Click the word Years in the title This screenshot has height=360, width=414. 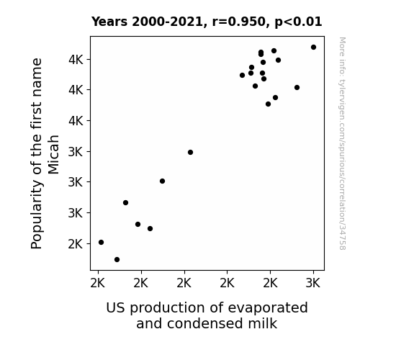coord(109,22)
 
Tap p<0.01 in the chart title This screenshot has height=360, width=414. coord(298,22)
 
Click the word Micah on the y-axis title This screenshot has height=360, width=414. coord(53,155)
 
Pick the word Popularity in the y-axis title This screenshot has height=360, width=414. coord(37,215)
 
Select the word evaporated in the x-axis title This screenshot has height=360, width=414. coord(268,308)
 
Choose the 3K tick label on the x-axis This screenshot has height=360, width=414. coord(313,284)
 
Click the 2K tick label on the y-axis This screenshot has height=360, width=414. coord(76,244)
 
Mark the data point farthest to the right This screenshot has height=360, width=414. coord(313,48)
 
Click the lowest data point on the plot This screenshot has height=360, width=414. coord(117,260)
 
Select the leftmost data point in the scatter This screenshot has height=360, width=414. coord(101,242)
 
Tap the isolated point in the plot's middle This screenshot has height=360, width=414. coord(190,152)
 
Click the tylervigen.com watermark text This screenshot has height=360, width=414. coord(342,143)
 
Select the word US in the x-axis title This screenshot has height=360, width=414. coord(115,308)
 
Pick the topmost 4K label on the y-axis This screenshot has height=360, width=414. coord(76,60)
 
